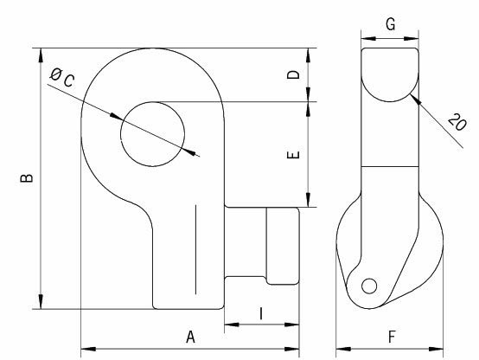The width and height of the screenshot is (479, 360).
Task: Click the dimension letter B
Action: pos(29,177)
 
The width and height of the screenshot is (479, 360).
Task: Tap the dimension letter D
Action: pos(295,75)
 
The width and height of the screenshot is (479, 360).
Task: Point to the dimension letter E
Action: pos(295,155)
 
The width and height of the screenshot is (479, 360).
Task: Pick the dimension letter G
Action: pos(391,25)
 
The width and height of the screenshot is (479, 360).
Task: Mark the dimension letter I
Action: pos(262,313)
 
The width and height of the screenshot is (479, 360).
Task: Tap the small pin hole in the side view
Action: pos(369,286)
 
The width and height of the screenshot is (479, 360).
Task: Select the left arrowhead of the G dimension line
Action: pos(364,38)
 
